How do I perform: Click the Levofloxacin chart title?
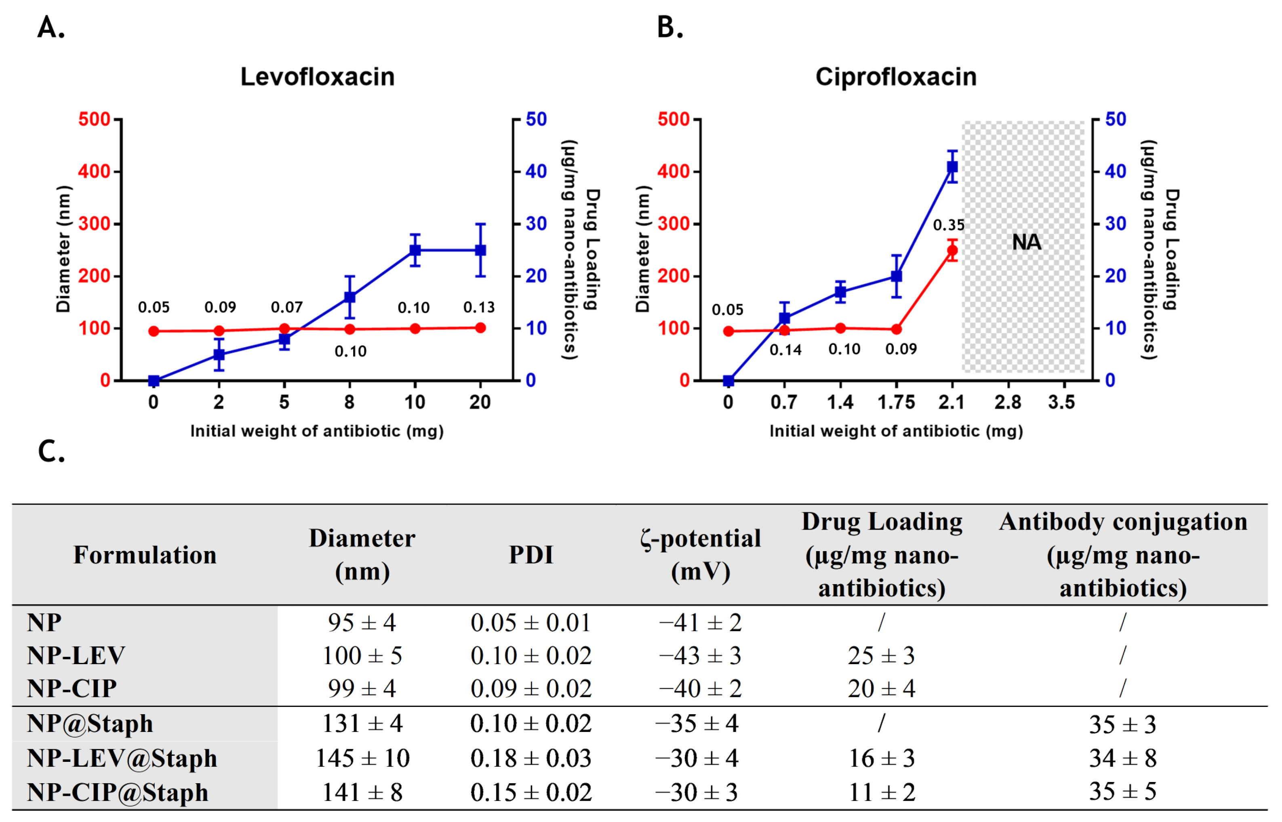pyautogui.click(x=317, y=77)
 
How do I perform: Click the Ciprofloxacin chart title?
pyautogui.click(x=896, y=77)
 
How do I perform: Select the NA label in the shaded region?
pyautogui.click(x=1026, y=242)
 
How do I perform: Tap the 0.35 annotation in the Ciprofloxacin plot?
pyautogui.click(x=948, y=225)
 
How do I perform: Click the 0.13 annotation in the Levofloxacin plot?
pyautogui.click(x=479, y=308)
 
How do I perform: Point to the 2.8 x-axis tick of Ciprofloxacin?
pyautogui.click(x=1007, y=402)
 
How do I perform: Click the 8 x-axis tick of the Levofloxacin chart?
pyautogui.click(x=349, y=402)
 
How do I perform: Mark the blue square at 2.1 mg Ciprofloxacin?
pyautogui.click(x=952, y=167)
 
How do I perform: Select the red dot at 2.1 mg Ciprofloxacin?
pyautogui.click(x=952, y=250)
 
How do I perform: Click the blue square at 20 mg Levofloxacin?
pyautogui.click(x=480, y=250)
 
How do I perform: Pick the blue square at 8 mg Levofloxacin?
pyautogui.click(x=349, y=297)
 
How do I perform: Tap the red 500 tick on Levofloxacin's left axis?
pyautogui.click(x=95, y=119)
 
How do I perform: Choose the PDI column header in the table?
pyautogui.click(x=531, y=555)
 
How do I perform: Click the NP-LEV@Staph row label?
pyautogui.click(x=122, y=758)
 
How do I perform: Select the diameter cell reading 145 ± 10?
pyautogui.click(x=362, y=758)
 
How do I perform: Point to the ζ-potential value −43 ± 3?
pyautogui.click(x=700, y=656)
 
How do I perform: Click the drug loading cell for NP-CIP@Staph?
pyautogui.click(x=881, y=792)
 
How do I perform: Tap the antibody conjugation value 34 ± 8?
pyautogui.click(x=1123, y=758)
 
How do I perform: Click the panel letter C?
pyautogui.click(x=51, y=451)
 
